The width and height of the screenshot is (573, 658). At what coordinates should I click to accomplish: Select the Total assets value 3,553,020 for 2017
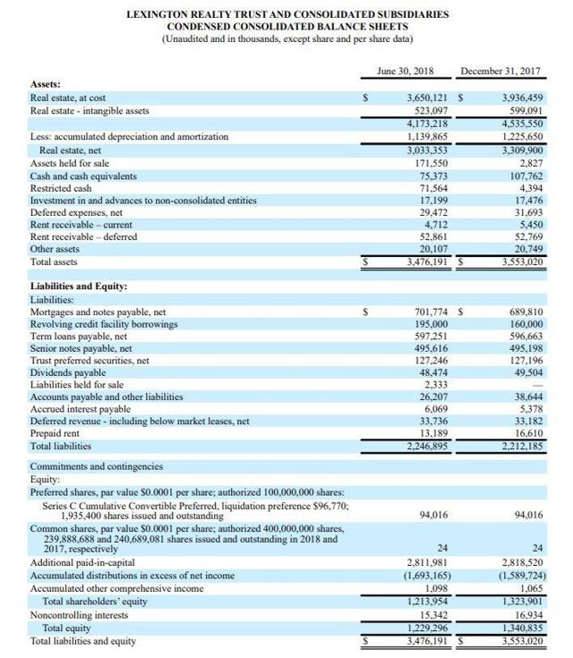point(518,262)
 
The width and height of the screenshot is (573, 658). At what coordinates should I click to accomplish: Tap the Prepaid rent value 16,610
point(525,432)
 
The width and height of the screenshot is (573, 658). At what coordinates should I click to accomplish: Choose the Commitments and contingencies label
point(97,466)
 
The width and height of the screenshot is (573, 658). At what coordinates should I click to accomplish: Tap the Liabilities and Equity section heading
point(79,286)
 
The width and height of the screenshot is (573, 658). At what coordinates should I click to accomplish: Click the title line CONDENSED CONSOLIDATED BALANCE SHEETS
point(287,27)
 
